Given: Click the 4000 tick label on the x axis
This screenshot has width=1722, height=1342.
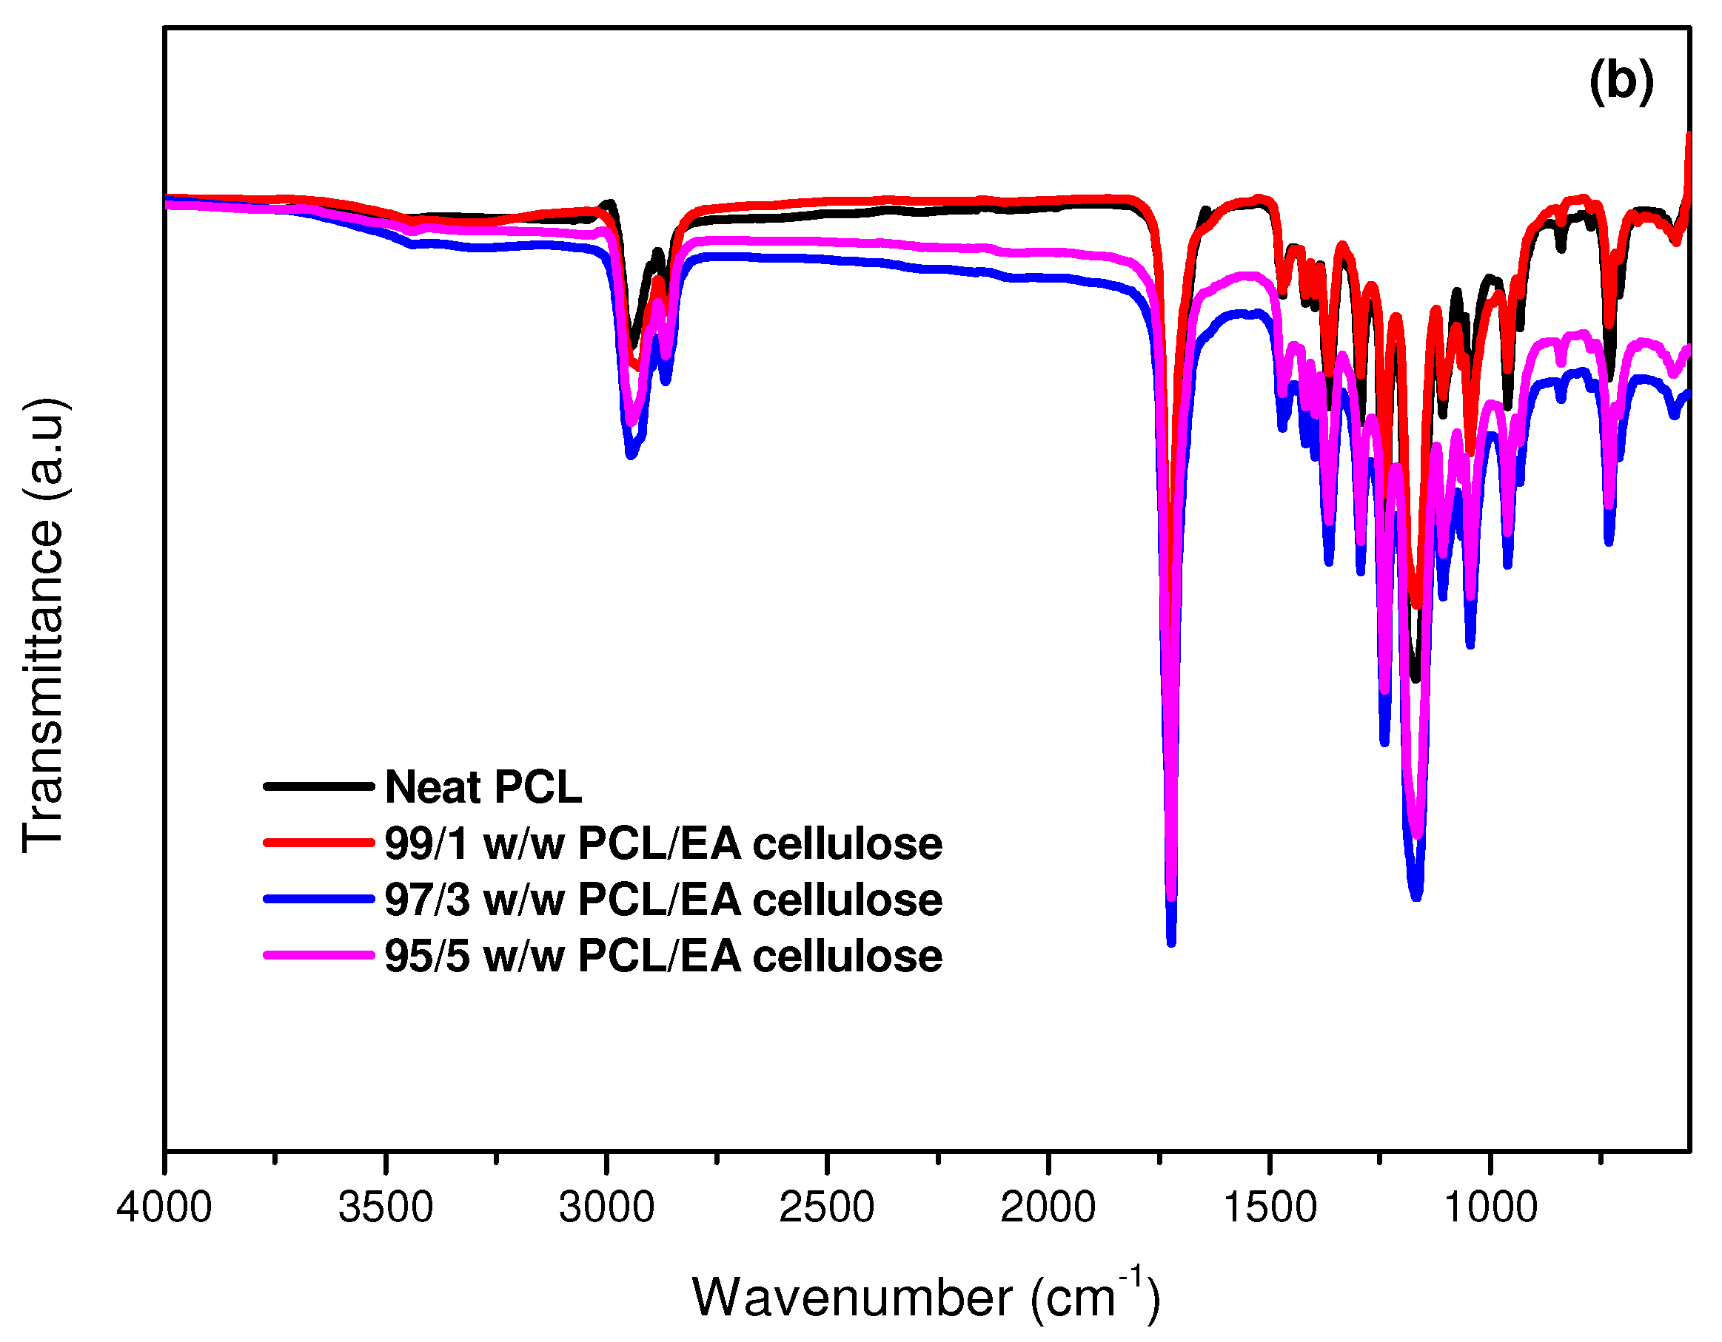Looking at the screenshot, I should [x=164, y=1207].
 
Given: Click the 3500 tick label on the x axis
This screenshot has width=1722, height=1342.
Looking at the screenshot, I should [x=386, y=1207].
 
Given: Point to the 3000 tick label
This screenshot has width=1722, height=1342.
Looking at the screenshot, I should [x=606, y=1207].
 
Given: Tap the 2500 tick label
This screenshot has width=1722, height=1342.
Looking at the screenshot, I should [x=827, y=1207].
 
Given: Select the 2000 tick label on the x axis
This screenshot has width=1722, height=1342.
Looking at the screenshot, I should [x=1048, y=1207].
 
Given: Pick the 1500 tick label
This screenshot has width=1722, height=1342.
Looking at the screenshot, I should [x=1270, y=1207].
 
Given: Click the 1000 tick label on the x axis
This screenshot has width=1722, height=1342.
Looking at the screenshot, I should [x=1490, y=1207].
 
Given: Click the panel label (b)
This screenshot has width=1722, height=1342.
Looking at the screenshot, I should [x=1621, y=82].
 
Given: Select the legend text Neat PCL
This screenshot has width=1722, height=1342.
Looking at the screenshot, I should [x=483, y=787].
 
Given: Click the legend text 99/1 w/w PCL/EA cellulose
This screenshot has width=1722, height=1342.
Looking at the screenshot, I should [x=663, y=844].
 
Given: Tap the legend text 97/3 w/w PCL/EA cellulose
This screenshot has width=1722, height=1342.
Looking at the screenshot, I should [x=663, y=900].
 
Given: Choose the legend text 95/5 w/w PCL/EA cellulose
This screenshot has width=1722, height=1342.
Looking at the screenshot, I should [x=663, y=957].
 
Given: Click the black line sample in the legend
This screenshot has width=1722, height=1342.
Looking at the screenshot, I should [x=318, y=786].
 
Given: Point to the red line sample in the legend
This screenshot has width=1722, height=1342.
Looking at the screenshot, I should [x=318, y=843].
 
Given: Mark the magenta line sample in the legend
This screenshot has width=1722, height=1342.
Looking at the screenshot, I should [x=318, y=956].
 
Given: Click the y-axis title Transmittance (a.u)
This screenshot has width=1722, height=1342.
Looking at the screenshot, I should [x=44, y=625].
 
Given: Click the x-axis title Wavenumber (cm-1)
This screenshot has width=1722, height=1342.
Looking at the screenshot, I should [x=926, y=1297].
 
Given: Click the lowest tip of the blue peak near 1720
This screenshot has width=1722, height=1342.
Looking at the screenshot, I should [x=1171, y=943].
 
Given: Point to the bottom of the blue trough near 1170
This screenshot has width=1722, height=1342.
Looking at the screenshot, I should [x=1417, y=896].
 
